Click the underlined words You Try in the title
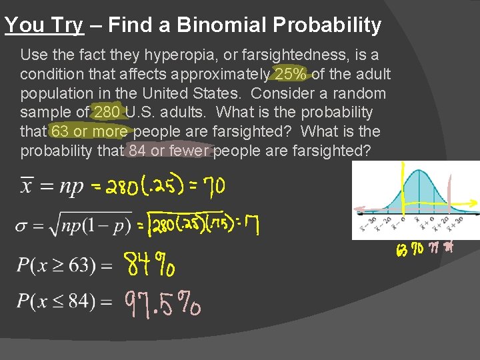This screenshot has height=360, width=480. click(44, 25)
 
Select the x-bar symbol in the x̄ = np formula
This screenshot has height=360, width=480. click(27, 185)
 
